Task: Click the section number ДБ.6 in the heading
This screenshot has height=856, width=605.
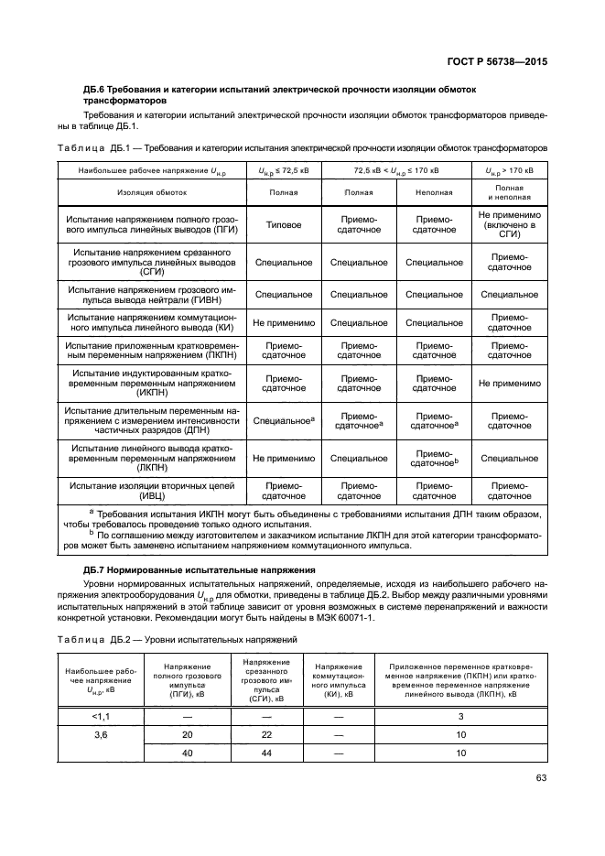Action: [97, 89]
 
